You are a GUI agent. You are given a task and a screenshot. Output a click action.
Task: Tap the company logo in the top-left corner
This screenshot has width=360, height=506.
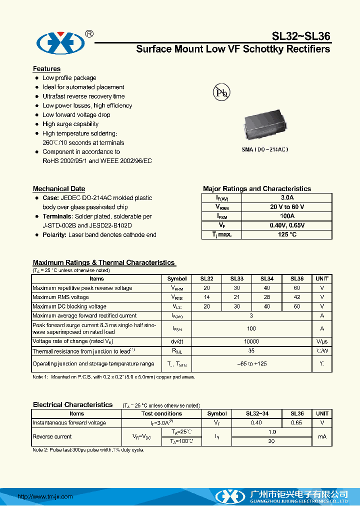[59, 43]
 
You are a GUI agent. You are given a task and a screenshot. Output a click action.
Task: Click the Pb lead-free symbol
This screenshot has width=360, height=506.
[221, 92]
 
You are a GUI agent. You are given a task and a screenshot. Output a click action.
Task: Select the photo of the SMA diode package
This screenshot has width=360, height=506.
[265, 127]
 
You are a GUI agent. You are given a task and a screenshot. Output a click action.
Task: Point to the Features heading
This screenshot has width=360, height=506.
[46, 69]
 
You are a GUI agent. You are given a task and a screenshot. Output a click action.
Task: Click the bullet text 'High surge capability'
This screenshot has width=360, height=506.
[70, 124]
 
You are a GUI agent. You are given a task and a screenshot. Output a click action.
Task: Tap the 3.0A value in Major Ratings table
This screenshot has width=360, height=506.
[287, 198]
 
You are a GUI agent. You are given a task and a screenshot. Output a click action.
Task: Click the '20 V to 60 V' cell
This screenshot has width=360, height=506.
[287, 207]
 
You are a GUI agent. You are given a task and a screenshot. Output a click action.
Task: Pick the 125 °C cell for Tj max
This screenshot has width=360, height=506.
[287, 234]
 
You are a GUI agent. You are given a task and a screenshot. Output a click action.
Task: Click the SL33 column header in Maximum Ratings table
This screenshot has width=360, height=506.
[236, 279]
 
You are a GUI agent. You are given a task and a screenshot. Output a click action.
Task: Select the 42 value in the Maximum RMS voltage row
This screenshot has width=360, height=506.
[297, 297]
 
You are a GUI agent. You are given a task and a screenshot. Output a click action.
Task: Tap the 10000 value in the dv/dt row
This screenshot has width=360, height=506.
[251, 340]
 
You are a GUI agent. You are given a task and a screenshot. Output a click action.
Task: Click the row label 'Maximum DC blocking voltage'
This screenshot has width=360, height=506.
[69, 306]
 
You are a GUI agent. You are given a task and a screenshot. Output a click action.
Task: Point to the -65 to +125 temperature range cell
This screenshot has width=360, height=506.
[251, 363]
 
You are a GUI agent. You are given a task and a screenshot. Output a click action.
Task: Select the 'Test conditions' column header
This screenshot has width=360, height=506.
[161, 413]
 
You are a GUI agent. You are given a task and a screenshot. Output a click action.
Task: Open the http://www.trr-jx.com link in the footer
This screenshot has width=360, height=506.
[45, 496]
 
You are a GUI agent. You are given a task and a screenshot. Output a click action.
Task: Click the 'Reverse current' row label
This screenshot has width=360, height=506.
[52, 436]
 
